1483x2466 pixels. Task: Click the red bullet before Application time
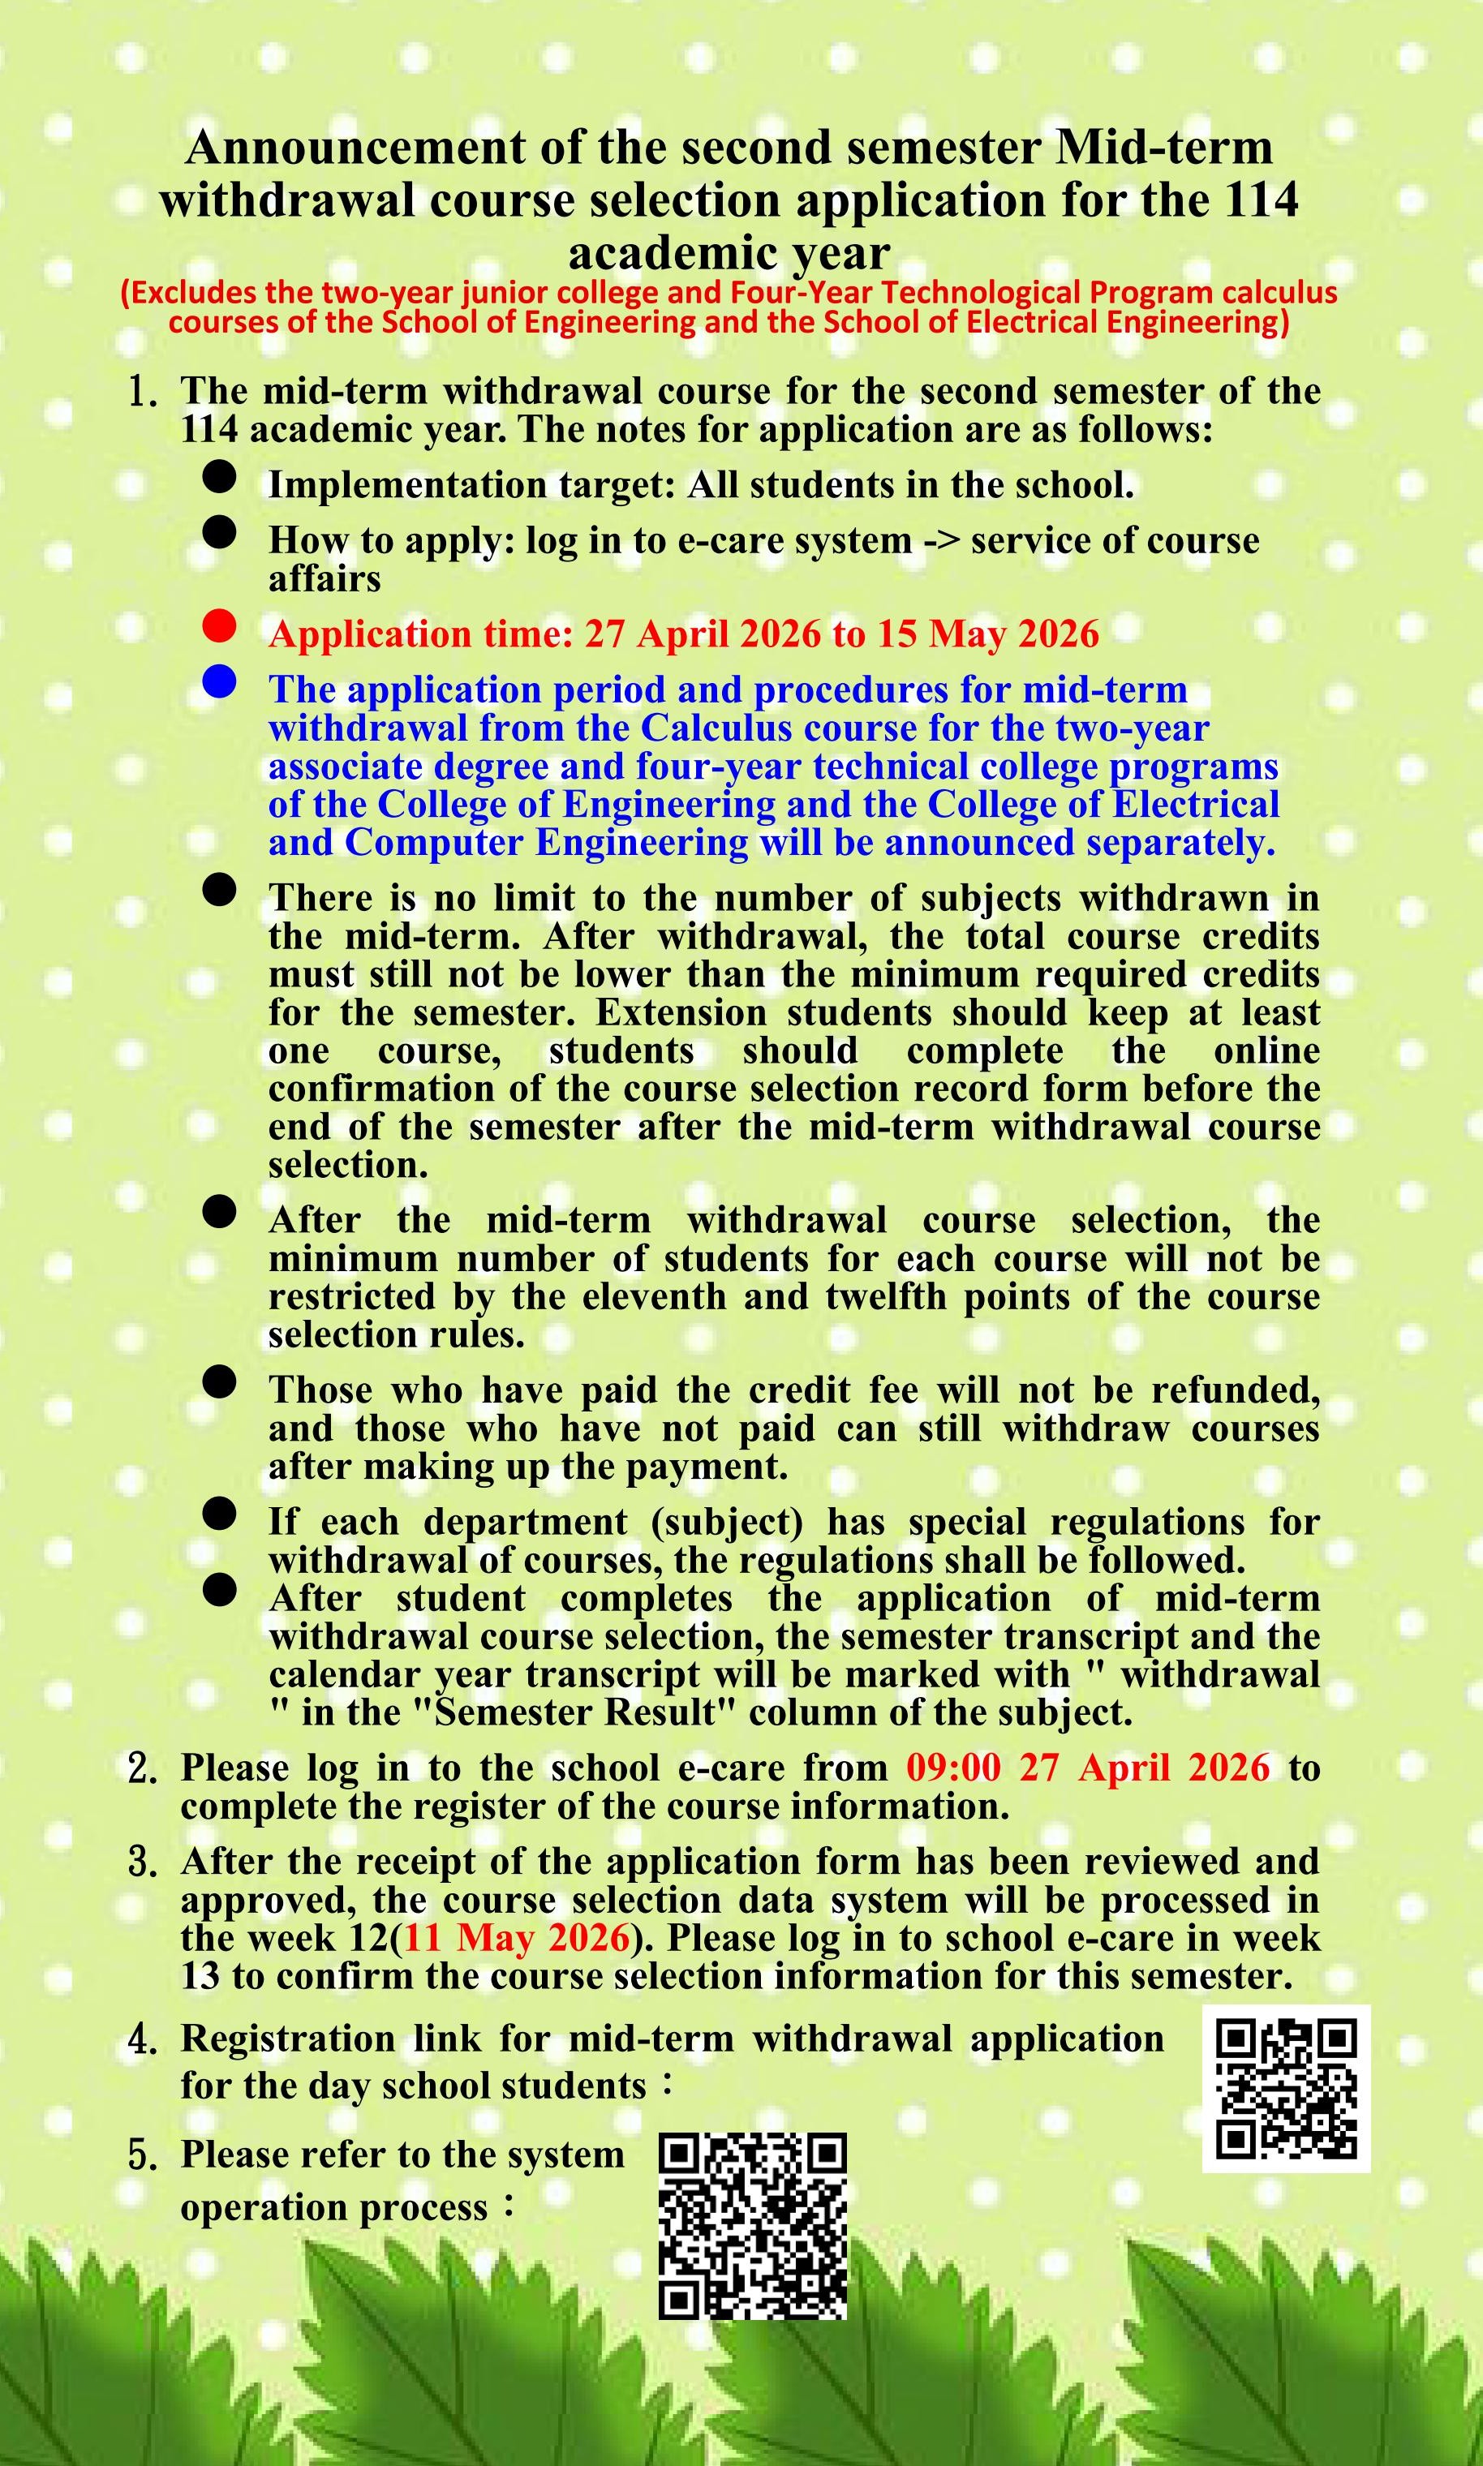point(218,626)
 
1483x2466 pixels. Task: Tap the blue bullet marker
point(218,682)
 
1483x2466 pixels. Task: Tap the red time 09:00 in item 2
point(952,1767)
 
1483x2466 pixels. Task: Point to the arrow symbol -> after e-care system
point(941,540)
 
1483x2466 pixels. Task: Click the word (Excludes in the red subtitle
point(186,293)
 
